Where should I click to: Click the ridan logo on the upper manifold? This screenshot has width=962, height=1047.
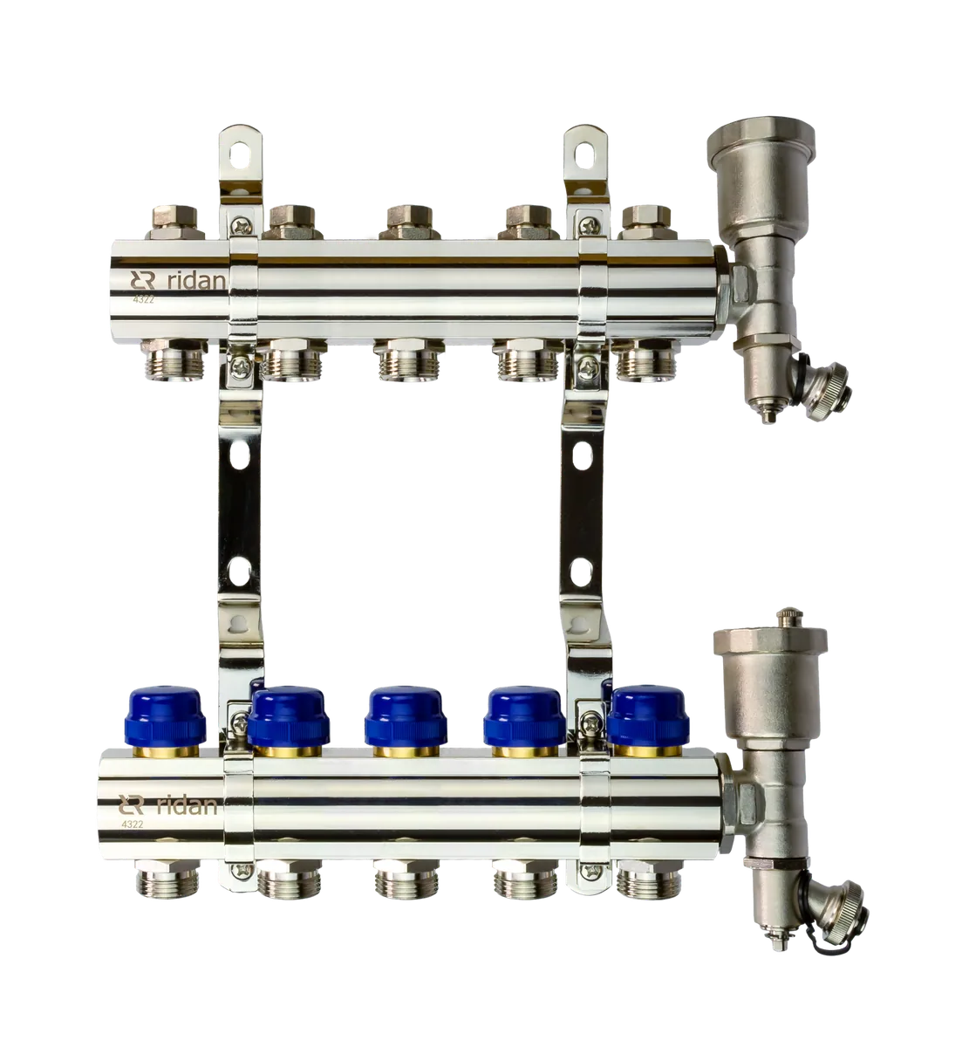click(x=178, y=280)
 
